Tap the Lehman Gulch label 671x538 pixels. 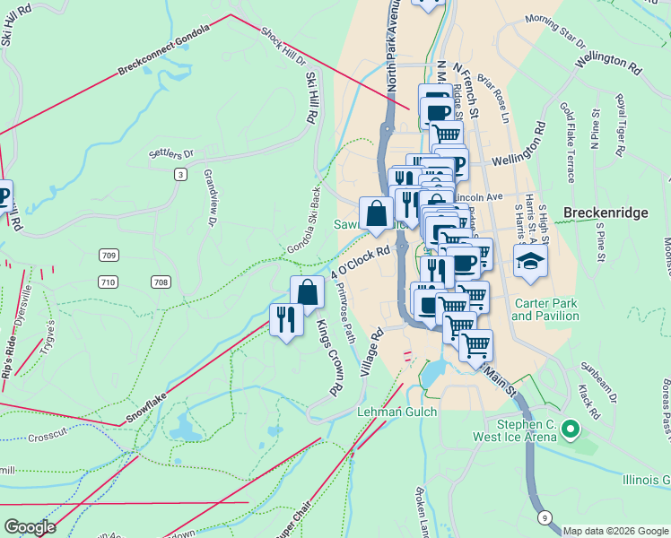click(x=396, y=412)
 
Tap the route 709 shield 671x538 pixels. click(x=109, y=256)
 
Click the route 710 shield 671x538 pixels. click(x=109, y=282)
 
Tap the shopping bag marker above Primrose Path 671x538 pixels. click(x=306, y=292)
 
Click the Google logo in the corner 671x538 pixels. click(x=30, y=527)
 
